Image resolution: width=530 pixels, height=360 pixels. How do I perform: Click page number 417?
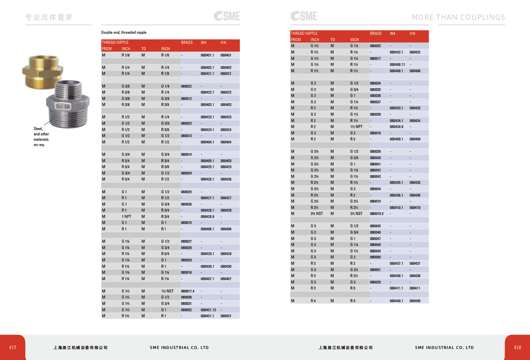(13, 348)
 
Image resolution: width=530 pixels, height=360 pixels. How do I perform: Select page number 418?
(517, 348)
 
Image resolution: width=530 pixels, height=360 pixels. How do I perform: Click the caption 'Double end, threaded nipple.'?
(124, 32)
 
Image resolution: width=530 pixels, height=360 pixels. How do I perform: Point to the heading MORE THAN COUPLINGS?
(458, 17)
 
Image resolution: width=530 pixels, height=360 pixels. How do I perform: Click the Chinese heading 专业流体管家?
(49, 17)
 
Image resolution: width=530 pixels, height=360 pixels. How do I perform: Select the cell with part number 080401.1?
(207, 55)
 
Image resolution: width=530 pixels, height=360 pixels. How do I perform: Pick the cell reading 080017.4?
(188, 291)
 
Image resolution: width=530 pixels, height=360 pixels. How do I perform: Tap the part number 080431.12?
(208, 310)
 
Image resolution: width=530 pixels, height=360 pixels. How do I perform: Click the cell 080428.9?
(207, 217)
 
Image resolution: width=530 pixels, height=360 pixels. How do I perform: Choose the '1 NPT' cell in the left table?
(127, 217)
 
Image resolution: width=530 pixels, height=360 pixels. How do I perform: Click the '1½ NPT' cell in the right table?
(356, 127)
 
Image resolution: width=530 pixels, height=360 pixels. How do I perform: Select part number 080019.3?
(377, 214)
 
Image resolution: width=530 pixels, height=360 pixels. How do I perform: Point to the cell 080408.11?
(397, 65)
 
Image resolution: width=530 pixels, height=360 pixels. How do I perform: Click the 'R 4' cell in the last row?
(313, 301)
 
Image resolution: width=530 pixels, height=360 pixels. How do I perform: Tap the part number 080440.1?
(396, 301)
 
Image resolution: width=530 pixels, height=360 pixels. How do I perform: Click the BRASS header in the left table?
(187, 42)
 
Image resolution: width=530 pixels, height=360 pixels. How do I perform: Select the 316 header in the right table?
(412, 33)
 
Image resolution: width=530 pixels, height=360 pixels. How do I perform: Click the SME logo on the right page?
(304, 16)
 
